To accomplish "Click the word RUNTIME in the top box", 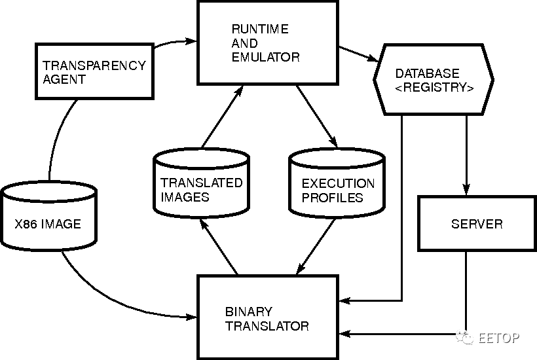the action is pyautogui.click(x=260, y=29).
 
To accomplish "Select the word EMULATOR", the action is pyautogui.click(x=266, y=57).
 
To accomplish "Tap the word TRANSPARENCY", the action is pyautogui.click(x=94, y=65).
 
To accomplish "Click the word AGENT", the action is pyautogui.click(x=64, y=79).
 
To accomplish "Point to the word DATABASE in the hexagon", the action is pyautogui.click(x=428, y=73).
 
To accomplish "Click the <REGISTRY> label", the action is pyautogui.click(x=434, y=87).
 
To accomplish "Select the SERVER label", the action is pyautogui.click(x=477, y=224).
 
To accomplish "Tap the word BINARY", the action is pyautogui.click(x=249, y=312).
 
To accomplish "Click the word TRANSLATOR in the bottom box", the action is pyautogui.click(x=267, y=326).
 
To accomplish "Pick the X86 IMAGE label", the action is pyautogui.click(x=48, y=224).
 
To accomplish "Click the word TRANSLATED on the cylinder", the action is pyautogui.click(x=202, y=183).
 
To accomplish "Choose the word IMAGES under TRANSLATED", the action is pyautogui.click(x=185, y=197).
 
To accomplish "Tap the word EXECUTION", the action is pyautogui.click(x=338, y=183).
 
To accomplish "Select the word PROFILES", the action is pyautogui.click(x=332, y=198).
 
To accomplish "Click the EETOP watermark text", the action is pyautogui.click(x=498, y=338).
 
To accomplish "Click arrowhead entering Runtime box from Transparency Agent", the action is pyautogui.click(x=191, y=41).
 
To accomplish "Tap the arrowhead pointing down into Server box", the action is pyautogui.click(x=466, y=190).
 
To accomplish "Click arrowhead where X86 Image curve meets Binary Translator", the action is pyautogui.click(x=191, y=317).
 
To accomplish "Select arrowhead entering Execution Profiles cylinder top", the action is pyautogui.click(x=333, y=142).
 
